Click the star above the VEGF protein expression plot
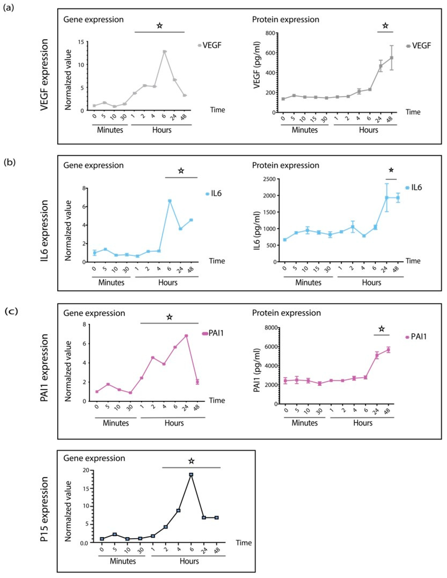[385, 26]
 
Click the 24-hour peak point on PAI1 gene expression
[186, 336]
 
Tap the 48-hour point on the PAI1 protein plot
[388, 350]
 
